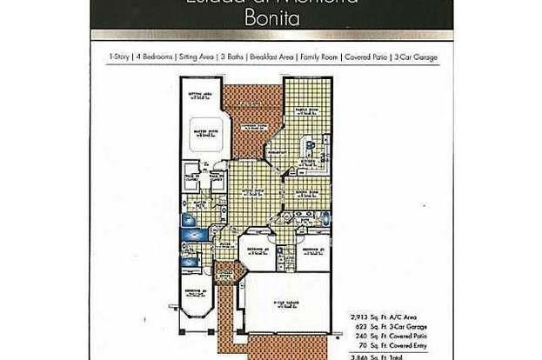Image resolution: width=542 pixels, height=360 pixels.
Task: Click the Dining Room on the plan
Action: [x=306, y=190]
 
